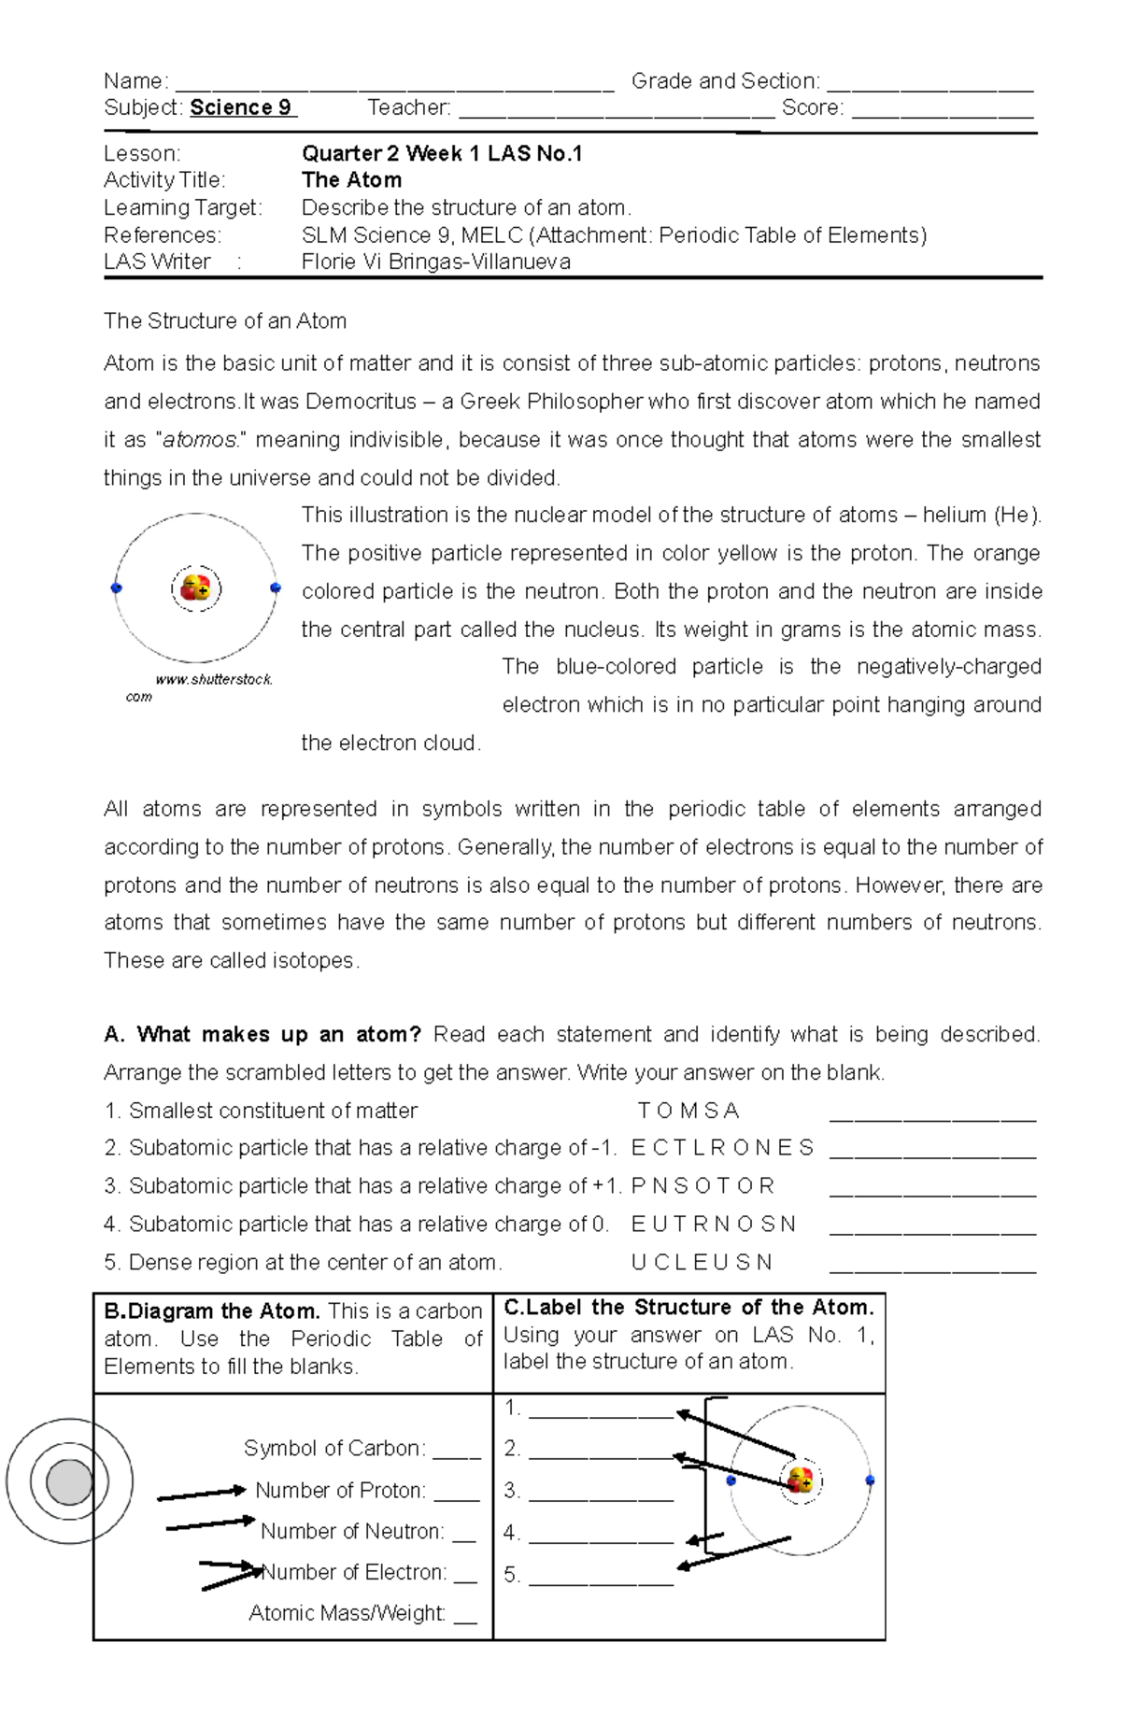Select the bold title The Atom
pyautogui.click(x=351, y=180)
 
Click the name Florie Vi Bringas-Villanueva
pyautogui.click(x=435, y=262)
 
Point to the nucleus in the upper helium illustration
pyautogui.click(x=196, y=588)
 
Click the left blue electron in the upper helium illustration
pyautogui.click(x=117, y=588)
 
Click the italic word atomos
pyautogui.click(x=200, y=440)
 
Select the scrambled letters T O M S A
pyautogui.click(x=688, y=1111)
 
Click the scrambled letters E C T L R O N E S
pyautogui.click(x=722, y=1148)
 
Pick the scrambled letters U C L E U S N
pyautogui.click(x=702, y=1263)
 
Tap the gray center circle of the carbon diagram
pyautogui.click(x=69, y=1481)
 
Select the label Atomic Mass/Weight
pyautogui.click(x=347, y=1613)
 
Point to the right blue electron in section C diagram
pyautogui.click(x=870, y=1480)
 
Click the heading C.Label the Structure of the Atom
pyautogui.click(x=688, y=1307)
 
